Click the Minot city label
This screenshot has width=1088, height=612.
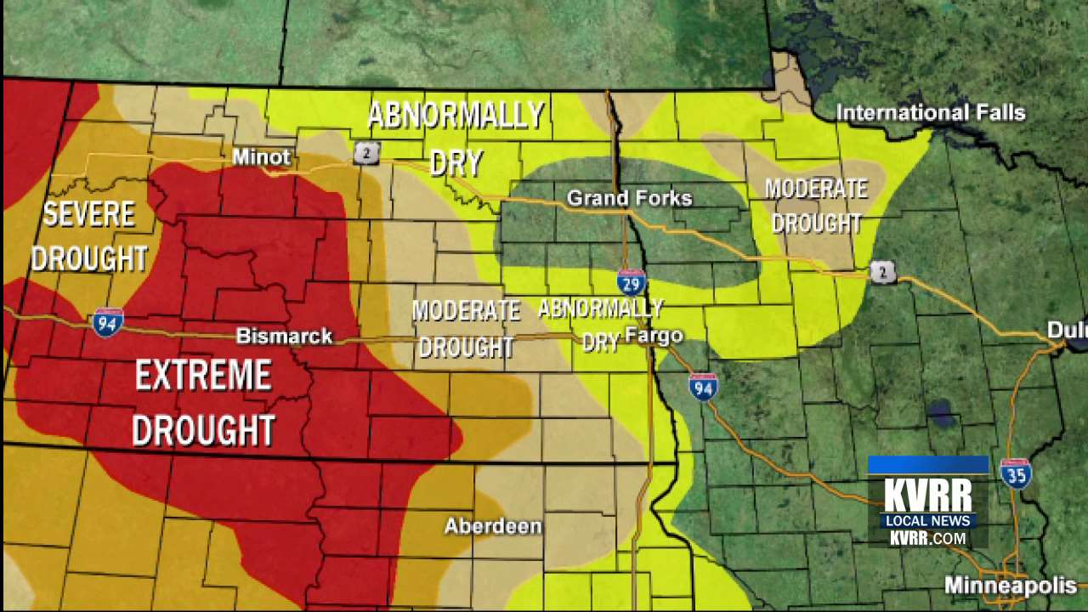261,157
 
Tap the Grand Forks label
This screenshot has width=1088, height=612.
629,198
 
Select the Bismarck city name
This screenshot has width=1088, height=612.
284,336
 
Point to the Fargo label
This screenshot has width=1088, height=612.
654,336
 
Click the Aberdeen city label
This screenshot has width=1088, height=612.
493,526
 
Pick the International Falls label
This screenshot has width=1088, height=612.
930,113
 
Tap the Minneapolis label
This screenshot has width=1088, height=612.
1011,586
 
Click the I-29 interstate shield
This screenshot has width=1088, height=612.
631,282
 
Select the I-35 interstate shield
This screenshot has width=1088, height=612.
1016,473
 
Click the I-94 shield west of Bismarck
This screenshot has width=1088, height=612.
108,322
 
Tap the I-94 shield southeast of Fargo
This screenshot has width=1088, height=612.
703,387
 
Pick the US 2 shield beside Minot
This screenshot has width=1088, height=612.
366,153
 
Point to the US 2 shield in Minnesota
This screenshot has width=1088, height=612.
882,272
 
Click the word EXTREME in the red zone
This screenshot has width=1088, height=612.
203,376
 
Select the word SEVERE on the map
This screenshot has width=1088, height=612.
89,214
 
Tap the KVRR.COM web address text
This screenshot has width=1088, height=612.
927,539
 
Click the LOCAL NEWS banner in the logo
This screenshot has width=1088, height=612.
927,521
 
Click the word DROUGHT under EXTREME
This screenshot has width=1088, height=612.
203,430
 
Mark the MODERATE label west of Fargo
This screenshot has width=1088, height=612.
466,311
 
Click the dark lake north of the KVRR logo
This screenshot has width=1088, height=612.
941,413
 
